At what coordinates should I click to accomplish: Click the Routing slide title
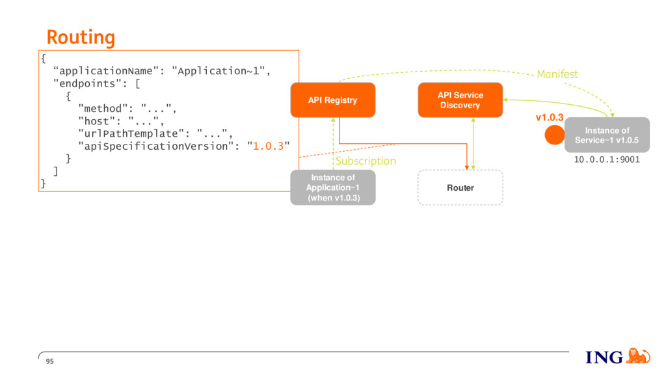[x=81, y=37]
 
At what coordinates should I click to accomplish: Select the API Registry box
[x=333, y=100]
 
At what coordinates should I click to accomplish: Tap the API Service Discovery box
[x=460, y=100]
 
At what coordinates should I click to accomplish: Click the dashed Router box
[x=460, y=187]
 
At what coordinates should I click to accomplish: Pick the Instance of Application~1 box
[x=333, y=187]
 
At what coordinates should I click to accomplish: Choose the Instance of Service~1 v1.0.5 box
[x=607, y=135]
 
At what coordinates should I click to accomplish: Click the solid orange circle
[x=555, y=135]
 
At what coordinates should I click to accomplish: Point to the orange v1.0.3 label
[x=549, y=117]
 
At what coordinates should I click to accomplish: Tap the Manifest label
[x=557, y=74]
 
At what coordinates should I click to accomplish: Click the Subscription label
[x=366, y=161]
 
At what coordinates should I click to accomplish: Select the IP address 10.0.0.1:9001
[x=607, y=160]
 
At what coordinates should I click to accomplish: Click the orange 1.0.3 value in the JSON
[x=268, y=146]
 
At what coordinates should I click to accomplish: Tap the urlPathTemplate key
[x=131, y=133]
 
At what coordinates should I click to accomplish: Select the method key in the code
[x=103, y=109]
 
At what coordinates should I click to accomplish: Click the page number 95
[x=49, y=361]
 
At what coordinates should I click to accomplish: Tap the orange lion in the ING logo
[x=638, y=356]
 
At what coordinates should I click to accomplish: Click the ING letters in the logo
[x=604, y=357]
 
